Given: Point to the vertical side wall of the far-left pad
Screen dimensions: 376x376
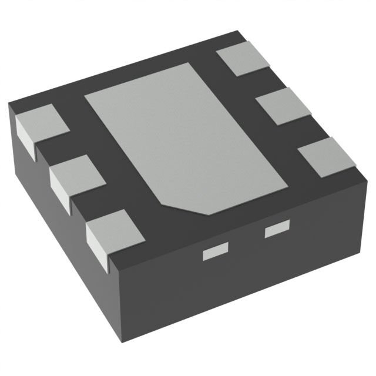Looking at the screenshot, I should [x=25, y=136].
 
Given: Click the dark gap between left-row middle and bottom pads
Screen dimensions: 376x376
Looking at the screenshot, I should [x=91, y=206].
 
